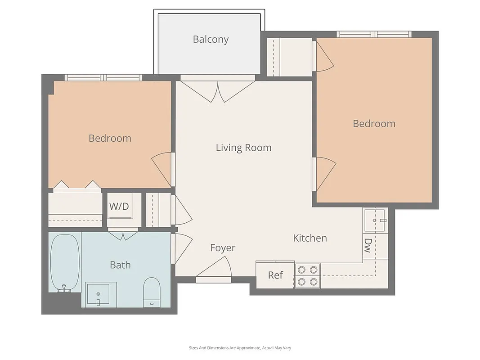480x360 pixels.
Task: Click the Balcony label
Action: pos(211,39)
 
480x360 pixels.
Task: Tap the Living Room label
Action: pos(243,148)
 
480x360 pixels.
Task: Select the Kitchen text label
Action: pos(310,238)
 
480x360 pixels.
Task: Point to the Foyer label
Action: pos(223,248)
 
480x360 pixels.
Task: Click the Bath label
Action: pos(120,265)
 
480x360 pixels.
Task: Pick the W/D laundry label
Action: pos(119,207)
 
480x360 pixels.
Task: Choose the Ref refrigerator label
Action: pos(275,275)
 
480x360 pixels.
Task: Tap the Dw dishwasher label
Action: pos(368,245)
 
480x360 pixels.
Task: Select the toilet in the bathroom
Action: pos(152,291)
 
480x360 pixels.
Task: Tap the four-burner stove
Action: pos(308,276)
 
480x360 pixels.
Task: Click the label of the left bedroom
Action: pos(110,138)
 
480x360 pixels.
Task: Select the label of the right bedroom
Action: pos(374,123)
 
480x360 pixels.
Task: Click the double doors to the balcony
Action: pos(218,90)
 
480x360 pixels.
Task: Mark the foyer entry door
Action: pos(214,272)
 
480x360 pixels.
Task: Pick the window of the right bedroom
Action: pos(374,34)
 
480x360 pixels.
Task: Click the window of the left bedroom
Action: pos(103,77)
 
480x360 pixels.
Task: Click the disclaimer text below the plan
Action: pos(240,347)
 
